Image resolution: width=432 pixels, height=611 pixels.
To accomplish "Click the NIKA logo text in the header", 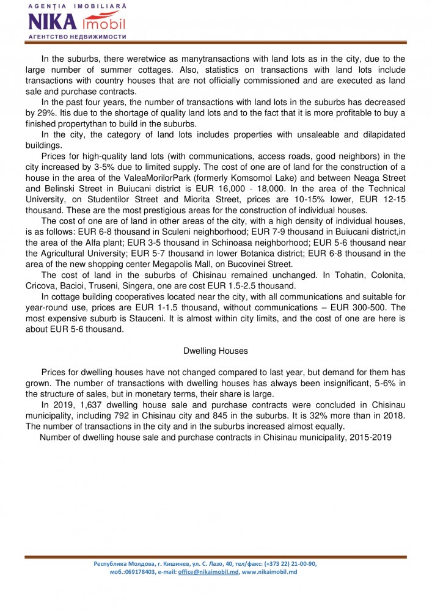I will (x=53, y=22).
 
